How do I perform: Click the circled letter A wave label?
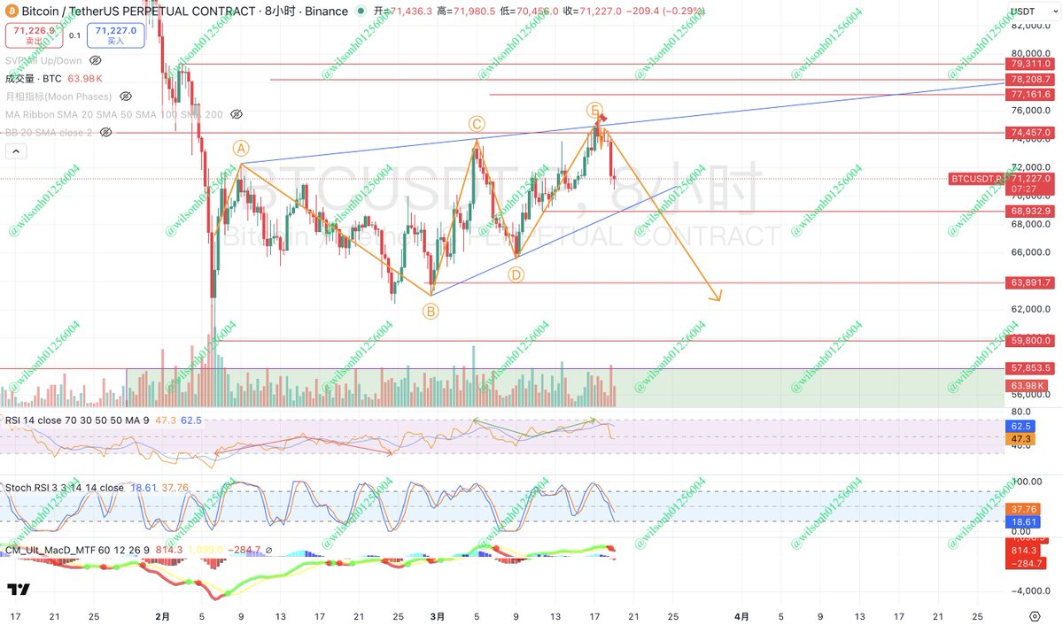(x=240, y=148)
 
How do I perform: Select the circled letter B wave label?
(x=430, y=311)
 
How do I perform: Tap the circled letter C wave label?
(x=477, y=125)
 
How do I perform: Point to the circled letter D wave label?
(x=516, y=275)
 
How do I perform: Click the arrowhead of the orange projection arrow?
(x=718, y=297)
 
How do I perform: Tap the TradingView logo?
(x=19, y=590)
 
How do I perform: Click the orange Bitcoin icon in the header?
(x=11, y=12)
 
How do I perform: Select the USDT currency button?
(x=1028, y=12)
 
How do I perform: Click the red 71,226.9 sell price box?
(x=29, y=35)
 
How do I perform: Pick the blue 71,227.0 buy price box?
(x=116, y=35)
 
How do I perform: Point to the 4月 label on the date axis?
(x=742, y=616)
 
